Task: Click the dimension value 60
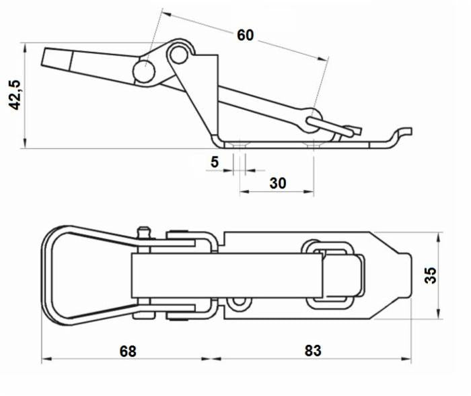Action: (245, 35)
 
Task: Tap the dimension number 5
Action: (215, 162)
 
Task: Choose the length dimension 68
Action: (127, 351)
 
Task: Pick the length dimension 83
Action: (312, 351)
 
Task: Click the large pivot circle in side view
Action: (145, 70)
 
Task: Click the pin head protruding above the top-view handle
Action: (143, 232)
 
